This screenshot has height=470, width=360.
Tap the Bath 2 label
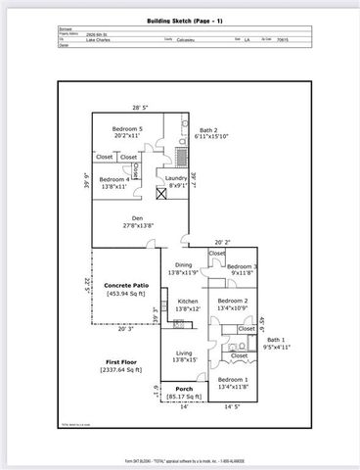click(208, 130)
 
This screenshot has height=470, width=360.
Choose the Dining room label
click(184, 265)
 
